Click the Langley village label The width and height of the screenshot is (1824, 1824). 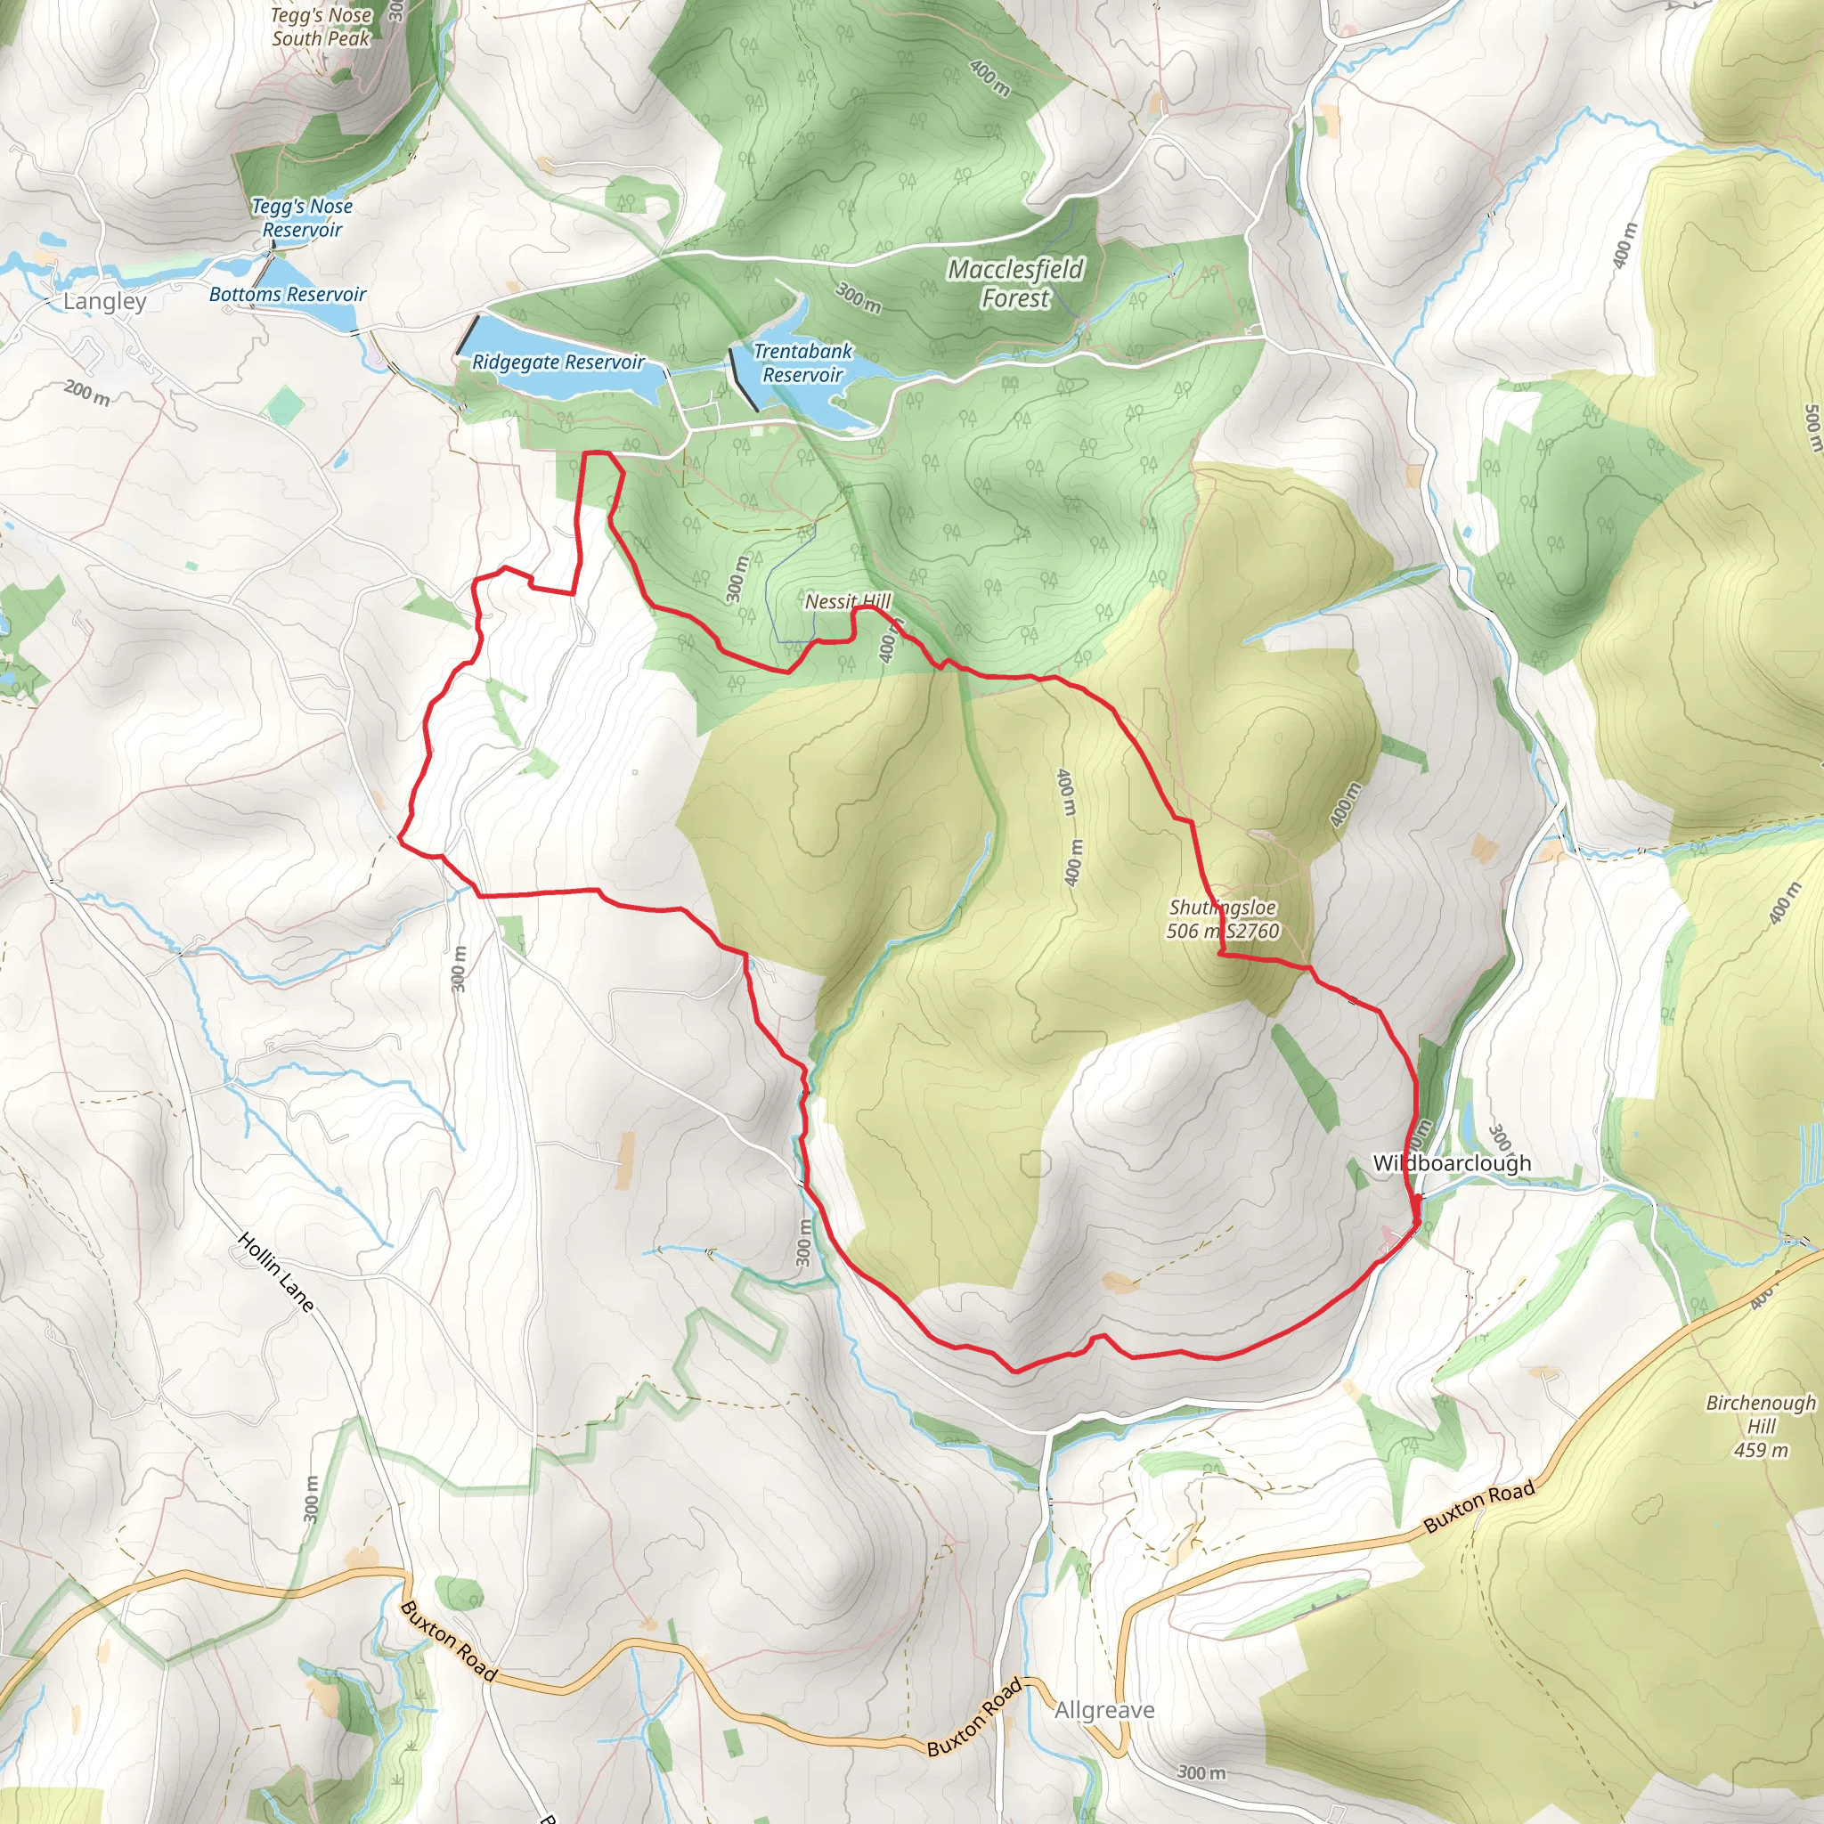pyautogui.click(x=105, y=301)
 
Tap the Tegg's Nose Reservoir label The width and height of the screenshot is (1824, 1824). pyautogui.click(x=302, y=218)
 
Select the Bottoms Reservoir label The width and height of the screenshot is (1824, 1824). pyautogui.click(x=287, y=295)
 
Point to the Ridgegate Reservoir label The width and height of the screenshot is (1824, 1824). pyautogui.click(x=558, y=362)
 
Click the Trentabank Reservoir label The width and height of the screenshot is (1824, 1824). pyautogui.click(x=802, y=362)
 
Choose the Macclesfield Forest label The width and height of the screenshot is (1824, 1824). pyautogui.click(x=1015, y=283)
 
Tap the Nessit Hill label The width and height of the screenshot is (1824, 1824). pyautogui.click(x=847, y=601)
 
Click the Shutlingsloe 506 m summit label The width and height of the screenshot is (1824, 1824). pyautogui.click(x=1223, y=918)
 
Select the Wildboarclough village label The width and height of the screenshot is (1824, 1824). pyautogui.click(x=1452, y=1163)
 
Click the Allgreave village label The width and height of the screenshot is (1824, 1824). pyautogui.click(x=1104, y=1710)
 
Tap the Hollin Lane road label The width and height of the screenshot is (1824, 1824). pyautogui.click(x=276, y=1272)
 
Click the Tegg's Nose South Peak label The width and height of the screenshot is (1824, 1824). pyautogui.click(x=321, y=27)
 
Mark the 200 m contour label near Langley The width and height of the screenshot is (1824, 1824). pyautogui.click(x=87, y=392)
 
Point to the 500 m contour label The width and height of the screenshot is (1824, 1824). pyautogui.click(x=1812, y=429)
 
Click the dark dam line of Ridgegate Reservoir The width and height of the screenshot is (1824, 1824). pyautogui.click(x=468, y=335)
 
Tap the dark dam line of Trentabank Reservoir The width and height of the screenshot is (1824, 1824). pyautogui.click(x=743, y=379)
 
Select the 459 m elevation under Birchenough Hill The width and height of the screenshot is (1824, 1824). pyautogui.click(x=1761, y=1449)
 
